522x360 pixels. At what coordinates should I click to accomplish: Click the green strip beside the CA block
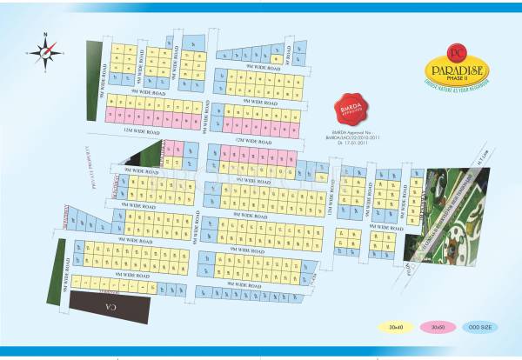pos(62,270)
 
